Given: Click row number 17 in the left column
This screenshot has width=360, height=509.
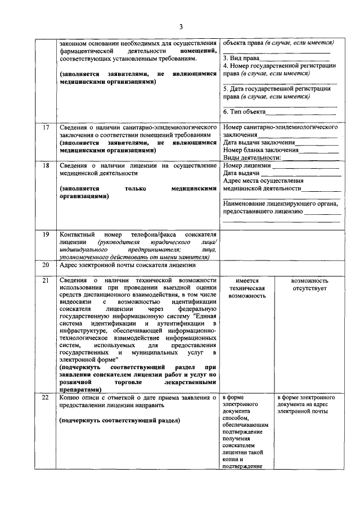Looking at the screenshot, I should tap(46, 128).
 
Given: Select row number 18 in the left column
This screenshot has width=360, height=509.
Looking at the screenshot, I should tap(46, 166).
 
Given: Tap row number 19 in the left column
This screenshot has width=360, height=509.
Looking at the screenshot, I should tap(46, 233).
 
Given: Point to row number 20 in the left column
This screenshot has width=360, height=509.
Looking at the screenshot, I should tap(46, 265).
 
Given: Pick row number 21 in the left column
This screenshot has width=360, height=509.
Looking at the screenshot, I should tap(46, 280).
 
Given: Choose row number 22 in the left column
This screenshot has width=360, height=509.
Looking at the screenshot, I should tap(46, 398).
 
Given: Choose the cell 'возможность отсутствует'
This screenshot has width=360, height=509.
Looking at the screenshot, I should tap(310, 284).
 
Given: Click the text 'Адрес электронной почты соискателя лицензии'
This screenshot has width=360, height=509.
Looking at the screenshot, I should tap(128, 265).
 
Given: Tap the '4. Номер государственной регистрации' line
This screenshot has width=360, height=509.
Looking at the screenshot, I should tap(279, 65).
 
